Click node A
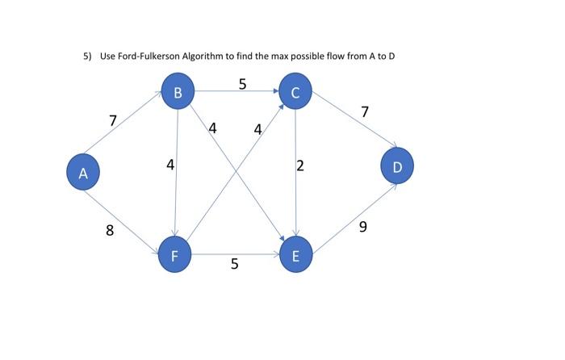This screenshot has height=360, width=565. (x=82, y=173)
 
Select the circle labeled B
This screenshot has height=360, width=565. (x=178, y=92)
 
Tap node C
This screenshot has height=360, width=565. (x=295, y=93)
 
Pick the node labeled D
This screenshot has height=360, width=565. (x=396, y=165)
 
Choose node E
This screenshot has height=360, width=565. (x=295, y=257)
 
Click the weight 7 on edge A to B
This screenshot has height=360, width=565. (x=113, y=121)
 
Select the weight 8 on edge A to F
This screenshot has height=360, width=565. (x=110, y=231)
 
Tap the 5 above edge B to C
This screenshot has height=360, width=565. (x=242, y=83)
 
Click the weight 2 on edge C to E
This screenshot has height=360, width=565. (x=300, y=166)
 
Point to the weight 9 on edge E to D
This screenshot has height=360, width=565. (x=362, y=228)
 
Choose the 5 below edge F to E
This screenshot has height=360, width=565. (x=234, y=264)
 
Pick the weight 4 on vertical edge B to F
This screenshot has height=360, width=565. (x=169, y=165)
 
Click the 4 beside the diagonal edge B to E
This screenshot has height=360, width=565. (x=212, y=128)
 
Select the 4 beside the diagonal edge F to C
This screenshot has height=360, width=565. (x=257, y=129)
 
